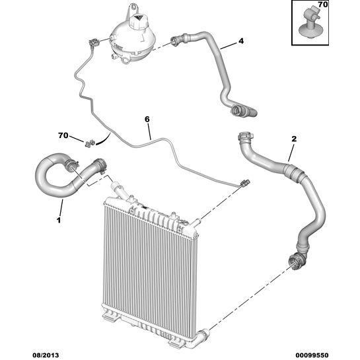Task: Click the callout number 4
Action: (x=241, y=41)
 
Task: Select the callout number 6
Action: (x=147, y=120)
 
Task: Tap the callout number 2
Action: (x=294, y=139)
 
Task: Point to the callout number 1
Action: (x=59, y=221)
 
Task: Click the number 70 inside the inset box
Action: (x=323, y=5)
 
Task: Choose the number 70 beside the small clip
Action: (x=63, y=135)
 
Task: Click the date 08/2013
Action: (x=45, y=355)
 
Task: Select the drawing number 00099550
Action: (x=312, y=355)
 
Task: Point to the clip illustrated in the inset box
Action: (x=308, y=24)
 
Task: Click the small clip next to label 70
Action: (x=90, y=143)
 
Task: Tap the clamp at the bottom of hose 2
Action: (x=297, y=260)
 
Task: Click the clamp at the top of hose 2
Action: (x=245, y=137)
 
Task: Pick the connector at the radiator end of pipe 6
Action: (x=245, y=183)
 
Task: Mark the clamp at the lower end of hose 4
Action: (x=237, y=110)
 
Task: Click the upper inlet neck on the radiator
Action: (x=118, y=190)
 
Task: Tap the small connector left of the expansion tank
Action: (x=94, y=42)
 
